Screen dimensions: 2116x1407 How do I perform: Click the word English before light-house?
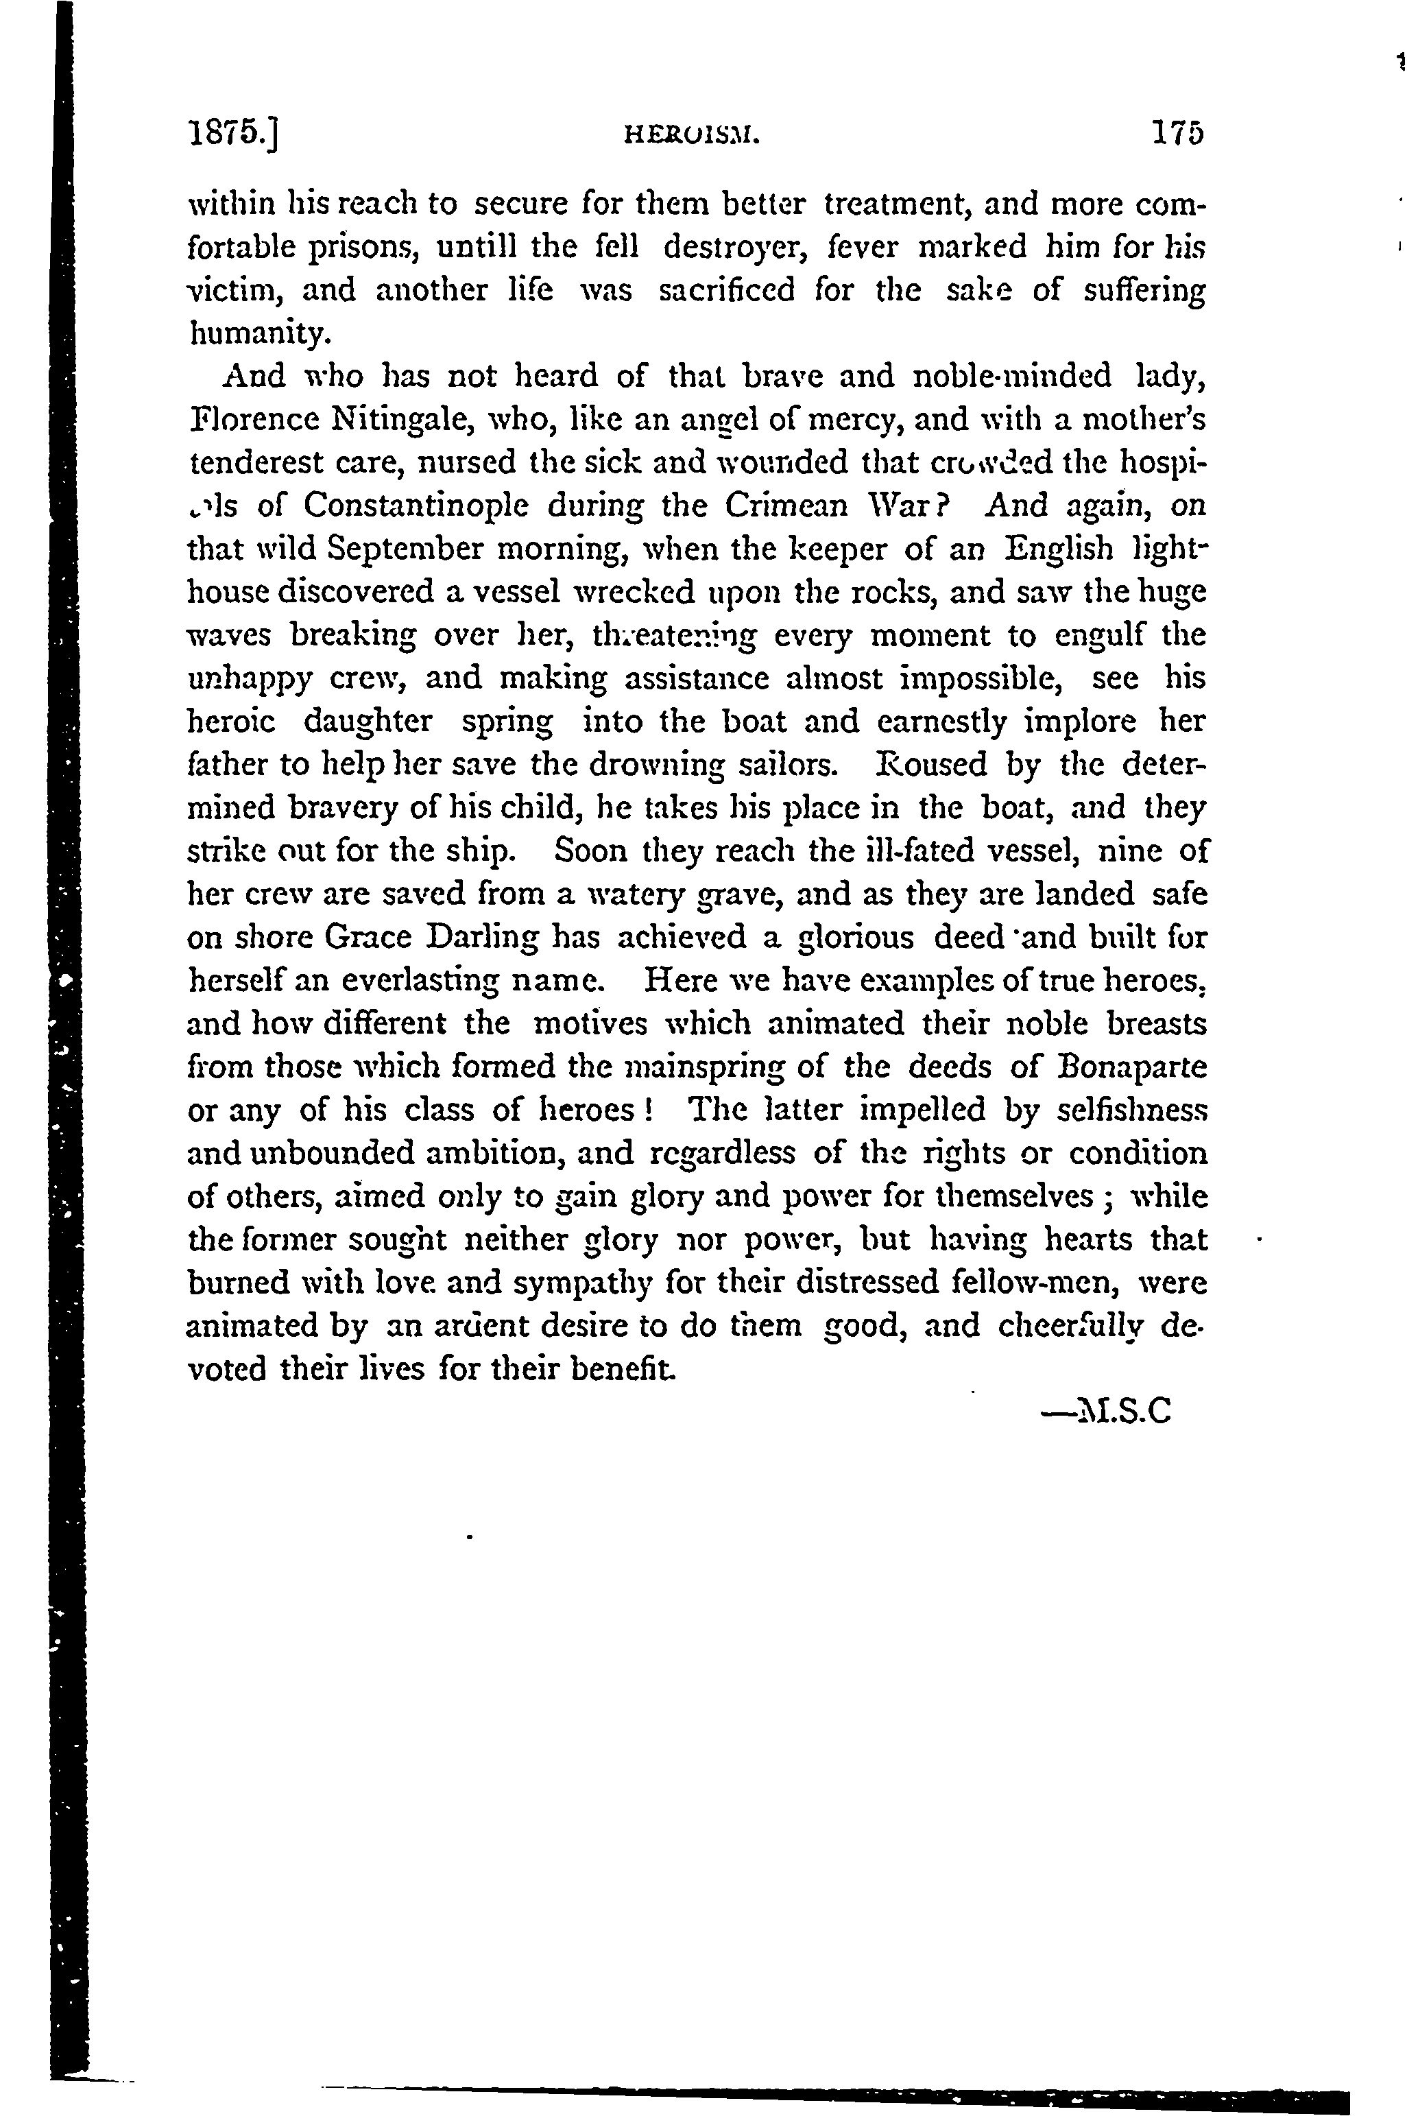[1059, 548]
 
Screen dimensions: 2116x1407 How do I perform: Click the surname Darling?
[479, 938]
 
